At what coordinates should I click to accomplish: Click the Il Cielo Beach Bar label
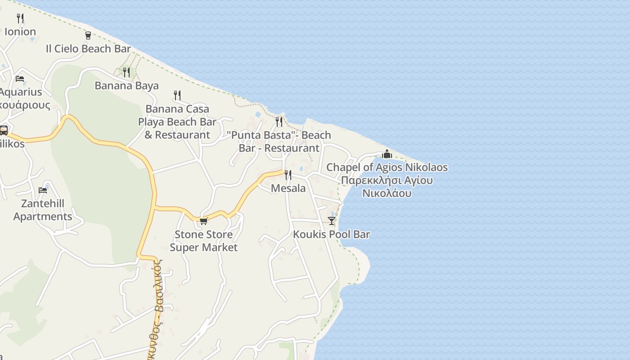pos(88,49)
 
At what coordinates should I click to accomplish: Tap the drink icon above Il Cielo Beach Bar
pos(88,35)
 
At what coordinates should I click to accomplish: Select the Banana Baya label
pos(126,85)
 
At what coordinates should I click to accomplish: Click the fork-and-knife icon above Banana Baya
pos(126,72)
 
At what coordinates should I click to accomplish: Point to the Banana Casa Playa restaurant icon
pos(177,95)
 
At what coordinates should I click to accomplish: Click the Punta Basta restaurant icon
pos(279,121)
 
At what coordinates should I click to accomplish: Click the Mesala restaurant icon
pos(288,175)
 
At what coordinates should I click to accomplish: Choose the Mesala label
pos(288,188)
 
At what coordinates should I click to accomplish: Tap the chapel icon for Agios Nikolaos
pos(387,154)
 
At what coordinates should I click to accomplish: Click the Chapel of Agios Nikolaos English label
pos(387,167)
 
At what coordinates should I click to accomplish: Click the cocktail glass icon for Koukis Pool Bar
pos(332,220)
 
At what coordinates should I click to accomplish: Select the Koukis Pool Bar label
pos(332,234)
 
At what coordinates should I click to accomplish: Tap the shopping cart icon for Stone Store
pos(204,221)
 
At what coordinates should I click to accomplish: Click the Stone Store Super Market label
pos(204,241)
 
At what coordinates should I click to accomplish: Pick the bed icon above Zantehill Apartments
pos(43,190)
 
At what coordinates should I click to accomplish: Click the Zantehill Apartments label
pos(43,210)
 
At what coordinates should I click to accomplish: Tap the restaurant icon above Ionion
pos(20,18)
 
